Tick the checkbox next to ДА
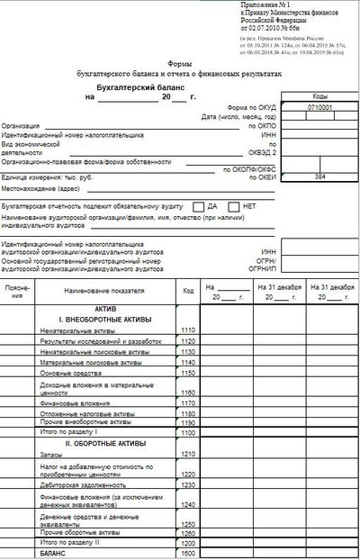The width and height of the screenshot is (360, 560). click(x=198, y=206)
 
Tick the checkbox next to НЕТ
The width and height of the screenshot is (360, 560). click(x=234, y=206)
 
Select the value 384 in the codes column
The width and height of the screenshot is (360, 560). click(x=319, y=177)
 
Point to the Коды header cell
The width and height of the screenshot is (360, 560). click(x=319, y=96)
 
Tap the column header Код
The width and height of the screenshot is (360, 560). click(x=187, y=291)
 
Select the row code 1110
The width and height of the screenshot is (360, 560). click(x=187, y=331)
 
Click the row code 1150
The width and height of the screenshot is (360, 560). click(x=187, y=372)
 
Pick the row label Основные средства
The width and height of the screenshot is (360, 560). click(x=70, y=372)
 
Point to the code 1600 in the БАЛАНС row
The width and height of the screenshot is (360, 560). click(x=187, y=552)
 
